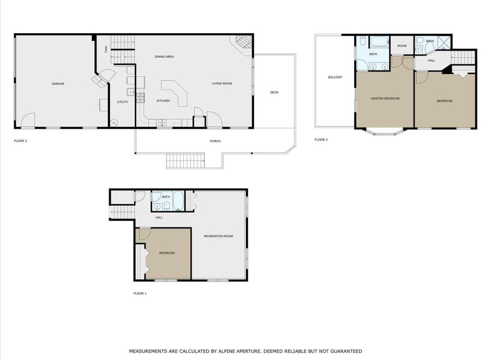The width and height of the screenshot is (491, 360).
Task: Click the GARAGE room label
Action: pyautogui.click(x=58, y=83)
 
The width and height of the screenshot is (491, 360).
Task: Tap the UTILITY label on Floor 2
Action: pyautogui.click(x=122, y=102)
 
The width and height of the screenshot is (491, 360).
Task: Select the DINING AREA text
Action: pyautogui.click(x=164, y=57)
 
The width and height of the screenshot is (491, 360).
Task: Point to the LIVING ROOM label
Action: pyautogui.click(x=223, y=83)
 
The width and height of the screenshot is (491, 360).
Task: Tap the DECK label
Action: pyautogui.click(x=274, y=92)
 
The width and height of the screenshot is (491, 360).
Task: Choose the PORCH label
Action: pyautogui.click(x=215, y=141)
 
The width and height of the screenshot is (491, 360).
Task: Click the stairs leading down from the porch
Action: pyautogui.click(x=185, y=161)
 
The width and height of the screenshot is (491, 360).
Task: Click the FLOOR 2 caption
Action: pyautogui.click(x=20, y=141)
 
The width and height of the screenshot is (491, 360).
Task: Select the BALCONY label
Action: pyautogui.click(x=335, y=77)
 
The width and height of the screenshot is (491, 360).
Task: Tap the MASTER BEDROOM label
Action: pyautogui.click(x=385, y=98)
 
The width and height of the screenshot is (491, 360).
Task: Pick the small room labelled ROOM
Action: pyautogui.click(x=402, y=46)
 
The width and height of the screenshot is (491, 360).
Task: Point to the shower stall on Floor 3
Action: pyautogui.click(x=444, y=43)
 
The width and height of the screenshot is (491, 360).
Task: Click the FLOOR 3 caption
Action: pyautogui.click(x=321, y=140)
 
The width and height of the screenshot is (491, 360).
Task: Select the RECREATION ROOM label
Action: pyautogui.click(x=218, y=236)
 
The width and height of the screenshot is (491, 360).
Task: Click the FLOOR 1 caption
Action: pyautogui.click(x=140, y=293)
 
